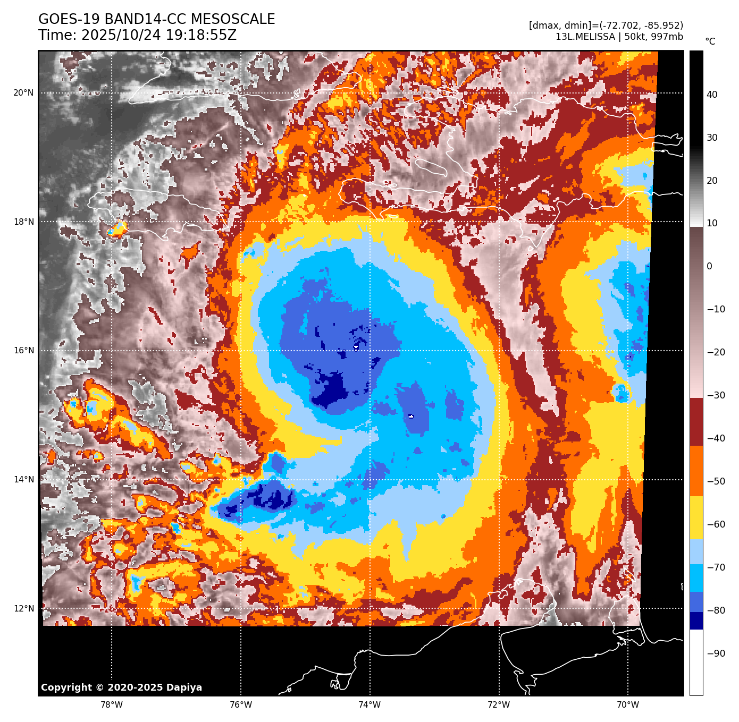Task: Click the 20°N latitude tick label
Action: (x=23, y=93)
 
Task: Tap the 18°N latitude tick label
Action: (x=23, y=222)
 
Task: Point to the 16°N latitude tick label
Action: (x=23, y=351)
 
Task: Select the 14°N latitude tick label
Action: (x=23, y=480)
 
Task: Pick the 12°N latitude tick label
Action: (x=23, y=609)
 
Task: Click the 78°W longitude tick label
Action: (x=112, y=705)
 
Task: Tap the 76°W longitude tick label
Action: (x=241, y=705)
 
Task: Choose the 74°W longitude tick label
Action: (x=370, y=705)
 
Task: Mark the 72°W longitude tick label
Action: (x=499, y=705)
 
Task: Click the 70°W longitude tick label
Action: (x=628, y=705)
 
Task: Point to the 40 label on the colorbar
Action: (x=712, y=95)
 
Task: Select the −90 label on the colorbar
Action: (x=716, y=653)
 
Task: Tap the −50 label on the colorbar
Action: (x=716, y=481)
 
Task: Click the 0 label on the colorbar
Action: (x=709, y=266)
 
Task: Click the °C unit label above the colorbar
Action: (x=710, y=41)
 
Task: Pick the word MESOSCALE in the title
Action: (x=233, y=20)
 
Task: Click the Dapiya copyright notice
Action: (x=121, y=687)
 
